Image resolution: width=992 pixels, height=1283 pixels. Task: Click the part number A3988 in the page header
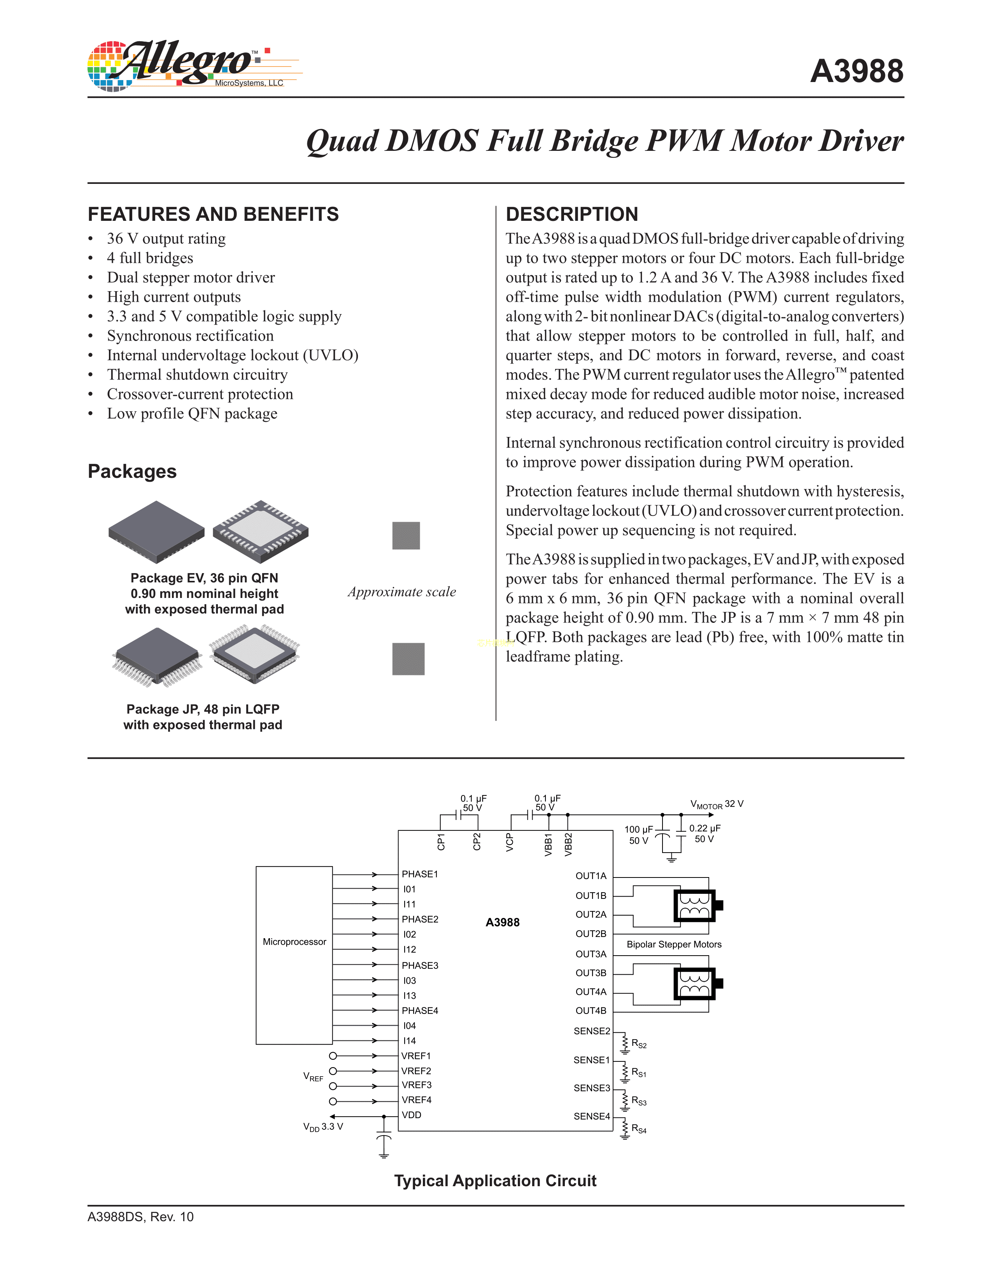point(856,72)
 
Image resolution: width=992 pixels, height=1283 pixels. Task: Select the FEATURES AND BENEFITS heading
point(213,215)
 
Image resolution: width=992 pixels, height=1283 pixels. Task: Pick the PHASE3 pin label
point(420,965)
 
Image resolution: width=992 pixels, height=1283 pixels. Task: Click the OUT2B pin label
point(591,933)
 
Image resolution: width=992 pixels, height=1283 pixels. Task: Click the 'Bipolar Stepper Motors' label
point(673,945)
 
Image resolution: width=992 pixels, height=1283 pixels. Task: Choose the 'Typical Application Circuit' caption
point(495,1181)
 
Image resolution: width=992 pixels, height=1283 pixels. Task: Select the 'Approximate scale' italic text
point(401,592)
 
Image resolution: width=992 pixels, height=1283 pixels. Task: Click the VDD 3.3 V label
point(322,1127)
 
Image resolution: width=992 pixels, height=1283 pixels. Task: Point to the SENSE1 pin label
point(591,1060)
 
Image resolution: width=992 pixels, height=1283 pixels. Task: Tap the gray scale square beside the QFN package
point(406,536)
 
